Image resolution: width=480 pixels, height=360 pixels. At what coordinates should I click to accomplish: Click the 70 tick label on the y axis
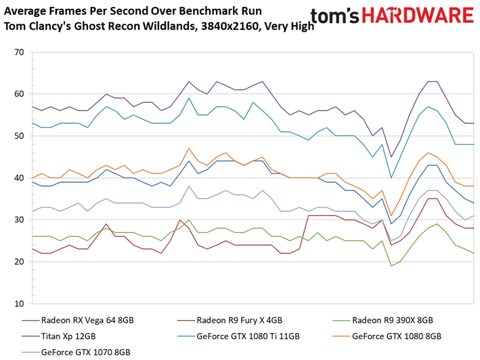[19, 52]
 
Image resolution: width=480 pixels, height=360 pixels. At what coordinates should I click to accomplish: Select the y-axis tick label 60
[19, 94]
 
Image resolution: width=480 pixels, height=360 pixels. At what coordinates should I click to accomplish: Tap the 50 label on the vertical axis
[19, 136]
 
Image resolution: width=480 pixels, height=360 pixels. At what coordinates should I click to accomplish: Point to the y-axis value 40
[19, 178]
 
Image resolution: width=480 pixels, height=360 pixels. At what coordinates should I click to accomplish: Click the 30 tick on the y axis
[19, 220]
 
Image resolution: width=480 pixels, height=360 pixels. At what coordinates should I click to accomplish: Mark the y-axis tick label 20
[19, 262]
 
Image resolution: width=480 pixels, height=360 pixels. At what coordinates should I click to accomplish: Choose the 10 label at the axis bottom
[19, 304]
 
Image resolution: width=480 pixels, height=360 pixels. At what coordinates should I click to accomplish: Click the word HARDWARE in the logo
[418, 16]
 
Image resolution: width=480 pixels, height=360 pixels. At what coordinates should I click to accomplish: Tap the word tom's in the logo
[334, 16]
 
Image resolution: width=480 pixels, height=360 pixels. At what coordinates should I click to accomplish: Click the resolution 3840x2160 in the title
[230, 26]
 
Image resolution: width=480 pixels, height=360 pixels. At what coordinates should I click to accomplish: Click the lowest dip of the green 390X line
[391, 266]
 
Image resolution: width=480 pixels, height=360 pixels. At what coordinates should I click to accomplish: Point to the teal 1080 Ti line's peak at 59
[189, 98]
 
